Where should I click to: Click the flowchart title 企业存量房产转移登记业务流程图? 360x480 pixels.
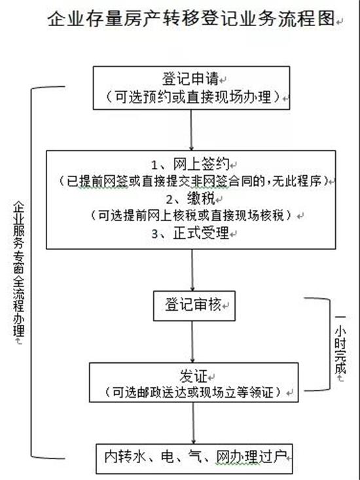tap(190, 19)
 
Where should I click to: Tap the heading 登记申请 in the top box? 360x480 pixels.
tap(190, 78)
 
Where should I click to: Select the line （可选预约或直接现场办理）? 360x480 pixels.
tap(192, 97)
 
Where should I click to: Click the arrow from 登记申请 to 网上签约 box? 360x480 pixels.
tap(191, 129)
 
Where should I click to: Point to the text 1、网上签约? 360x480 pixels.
tap(190, 165)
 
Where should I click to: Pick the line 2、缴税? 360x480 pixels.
tap(190, 199)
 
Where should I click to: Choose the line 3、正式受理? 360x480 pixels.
tap(190, 233)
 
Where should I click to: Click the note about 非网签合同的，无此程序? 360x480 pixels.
tap(193, 182)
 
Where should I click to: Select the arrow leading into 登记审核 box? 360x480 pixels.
tap(192, 270)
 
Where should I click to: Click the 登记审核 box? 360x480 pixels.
tap(194, 306)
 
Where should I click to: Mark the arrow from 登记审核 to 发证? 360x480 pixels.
tap(192, 341)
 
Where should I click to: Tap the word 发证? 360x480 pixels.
tap(194, 376)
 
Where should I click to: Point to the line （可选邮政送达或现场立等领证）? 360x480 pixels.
tap(192, 392)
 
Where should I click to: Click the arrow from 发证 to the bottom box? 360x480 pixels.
tap(193, 422)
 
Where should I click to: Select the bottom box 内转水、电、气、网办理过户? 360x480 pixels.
tap(194, 458)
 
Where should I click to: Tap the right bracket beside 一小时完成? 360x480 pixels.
tap(330, 344)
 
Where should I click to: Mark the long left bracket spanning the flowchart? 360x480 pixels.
tap(31, 273)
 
